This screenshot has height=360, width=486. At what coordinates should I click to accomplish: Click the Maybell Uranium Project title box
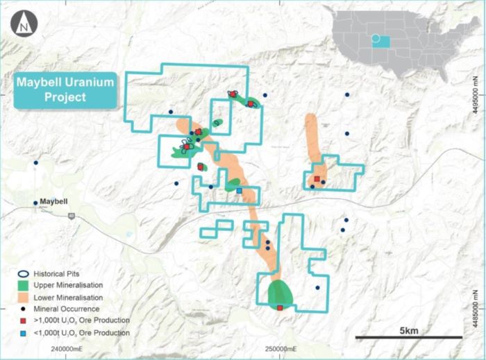click(65, 89)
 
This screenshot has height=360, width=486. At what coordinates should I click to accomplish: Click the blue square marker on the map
click(240, 190)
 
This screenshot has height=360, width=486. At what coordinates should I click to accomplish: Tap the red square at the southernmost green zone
click(280, 307)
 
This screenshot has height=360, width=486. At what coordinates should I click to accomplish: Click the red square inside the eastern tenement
click(317, 178)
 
